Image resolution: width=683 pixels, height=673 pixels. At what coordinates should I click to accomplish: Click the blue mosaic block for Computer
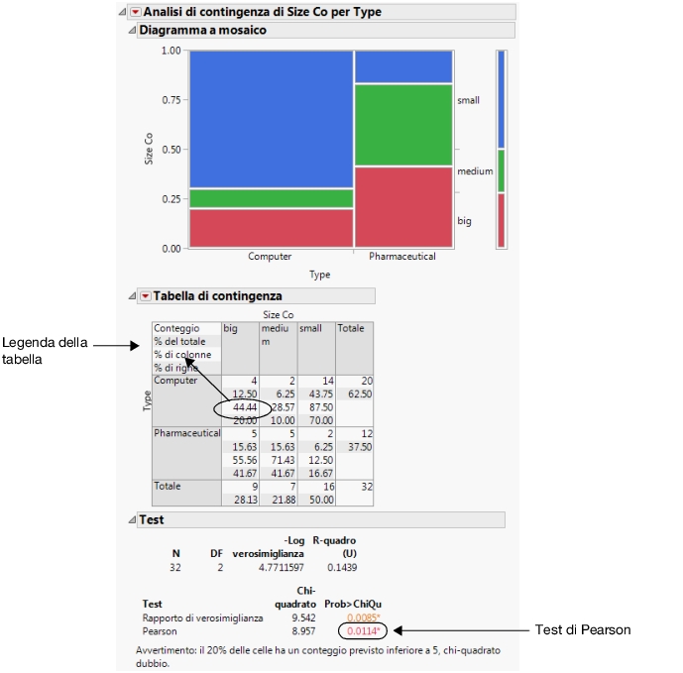(270, 119)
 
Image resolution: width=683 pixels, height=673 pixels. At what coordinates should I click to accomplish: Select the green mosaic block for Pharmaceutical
(402, 125)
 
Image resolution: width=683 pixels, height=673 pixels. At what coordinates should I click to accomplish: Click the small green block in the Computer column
(270, 198)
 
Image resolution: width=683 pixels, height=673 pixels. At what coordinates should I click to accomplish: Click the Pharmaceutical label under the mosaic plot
(402, 257)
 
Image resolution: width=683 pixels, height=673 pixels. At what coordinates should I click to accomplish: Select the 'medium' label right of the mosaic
(475, 172)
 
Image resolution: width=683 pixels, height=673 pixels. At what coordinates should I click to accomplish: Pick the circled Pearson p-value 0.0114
(362, 629)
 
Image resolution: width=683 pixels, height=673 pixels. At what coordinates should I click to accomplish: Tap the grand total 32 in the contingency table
(364, 487)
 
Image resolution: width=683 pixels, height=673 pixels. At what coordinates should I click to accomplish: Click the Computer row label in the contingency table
(177, 381)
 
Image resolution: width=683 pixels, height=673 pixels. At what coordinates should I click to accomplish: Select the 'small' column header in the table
(310, 328)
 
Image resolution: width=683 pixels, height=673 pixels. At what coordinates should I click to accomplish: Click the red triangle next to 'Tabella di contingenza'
(144, 295)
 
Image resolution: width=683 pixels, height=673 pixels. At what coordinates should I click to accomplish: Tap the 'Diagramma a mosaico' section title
(202, 31)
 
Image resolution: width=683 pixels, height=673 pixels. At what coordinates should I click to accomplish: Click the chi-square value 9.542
(286, 617)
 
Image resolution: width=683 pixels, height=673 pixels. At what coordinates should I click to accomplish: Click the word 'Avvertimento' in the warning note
(166, 650)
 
